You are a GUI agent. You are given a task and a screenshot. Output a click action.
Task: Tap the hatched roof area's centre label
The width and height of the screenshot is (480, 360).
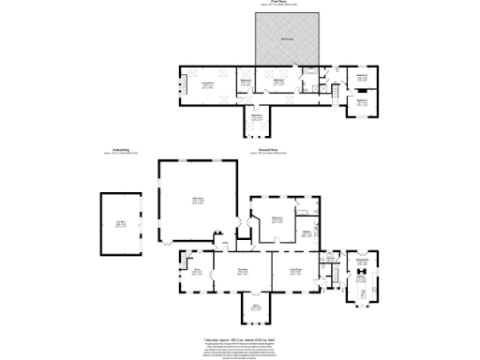click(287, 38)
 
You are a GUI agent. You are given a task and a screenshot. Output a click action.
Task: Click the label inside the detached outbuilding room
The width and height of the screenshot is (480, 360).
click(121, 223)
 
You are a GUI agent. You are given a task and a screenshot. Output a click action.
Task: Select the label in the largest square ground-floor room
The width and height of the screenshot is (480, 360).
click(198, 200)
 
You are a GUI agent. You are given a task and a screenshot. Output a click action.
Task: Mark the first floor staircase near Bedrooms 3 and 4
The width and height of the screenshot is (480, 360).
click(335, 93)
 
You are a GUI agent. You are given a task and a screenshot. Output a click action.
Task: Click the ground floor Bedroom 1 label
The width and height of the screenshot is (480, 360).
click(277, 219)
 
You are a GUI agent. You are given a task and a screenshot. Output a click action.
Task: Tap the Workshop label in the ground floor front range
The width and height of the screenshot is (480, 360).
click(242, 271)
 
